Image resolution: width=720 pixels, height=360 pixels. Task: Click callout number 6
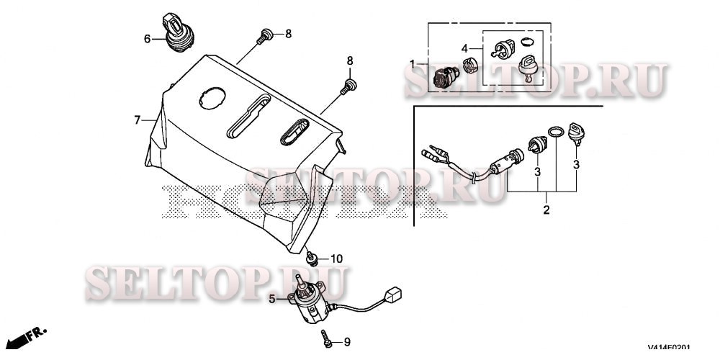coord(147,39)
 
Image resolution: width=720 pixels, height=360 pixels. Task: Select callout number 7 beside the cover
coord(137,120)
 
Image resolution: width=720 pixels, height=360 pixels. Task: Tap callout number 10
coord(337,258)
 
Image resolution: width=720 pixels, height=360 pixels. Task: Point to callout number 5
coord(273,298)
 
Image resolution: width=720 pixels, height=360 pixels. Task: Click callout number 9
coord(347,341)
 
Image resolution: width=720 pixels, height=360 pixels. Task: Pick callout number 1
coord(413,64)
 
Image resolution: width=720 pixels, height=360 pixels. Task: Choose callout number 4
coord(465,50)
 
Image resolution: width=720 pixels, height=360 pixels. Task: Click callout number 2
coord(546,210)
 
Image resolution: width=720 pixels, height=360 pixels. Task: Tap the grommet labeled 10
coord(313,257)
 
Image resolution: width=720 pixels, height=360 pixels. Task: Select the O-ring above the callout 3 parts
coord(555,132)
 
